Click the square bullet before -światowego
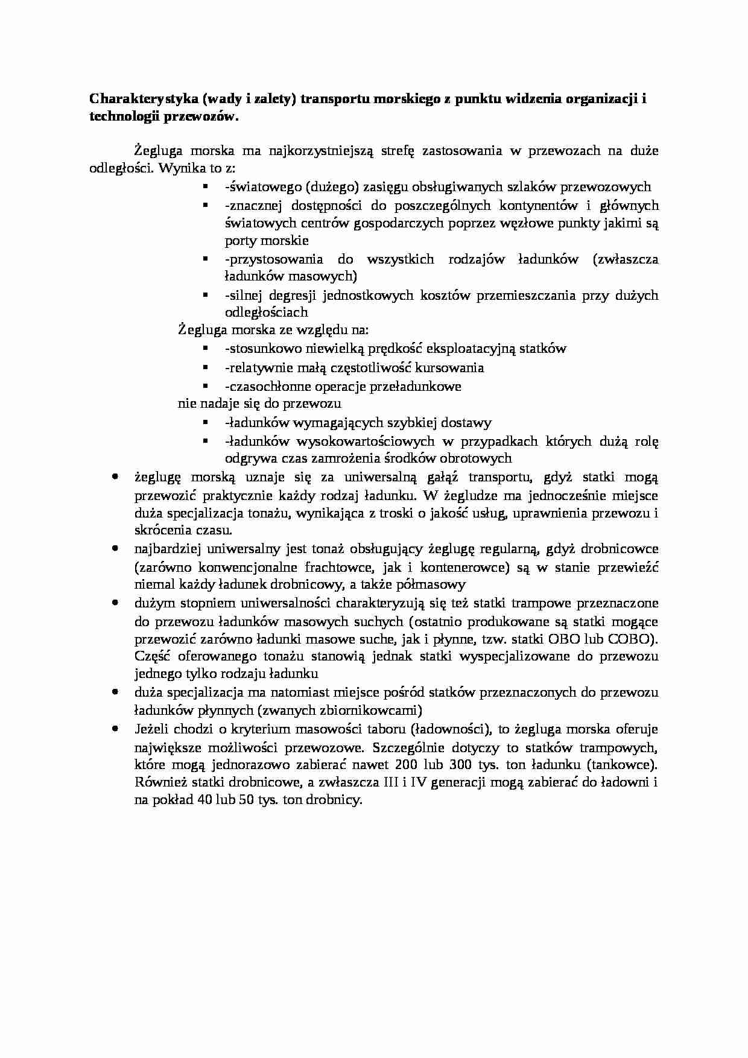[x=205, y=187]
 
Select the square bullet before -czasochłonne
[x=205, y=386]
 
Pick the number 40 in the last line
[x=197, y=801]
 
